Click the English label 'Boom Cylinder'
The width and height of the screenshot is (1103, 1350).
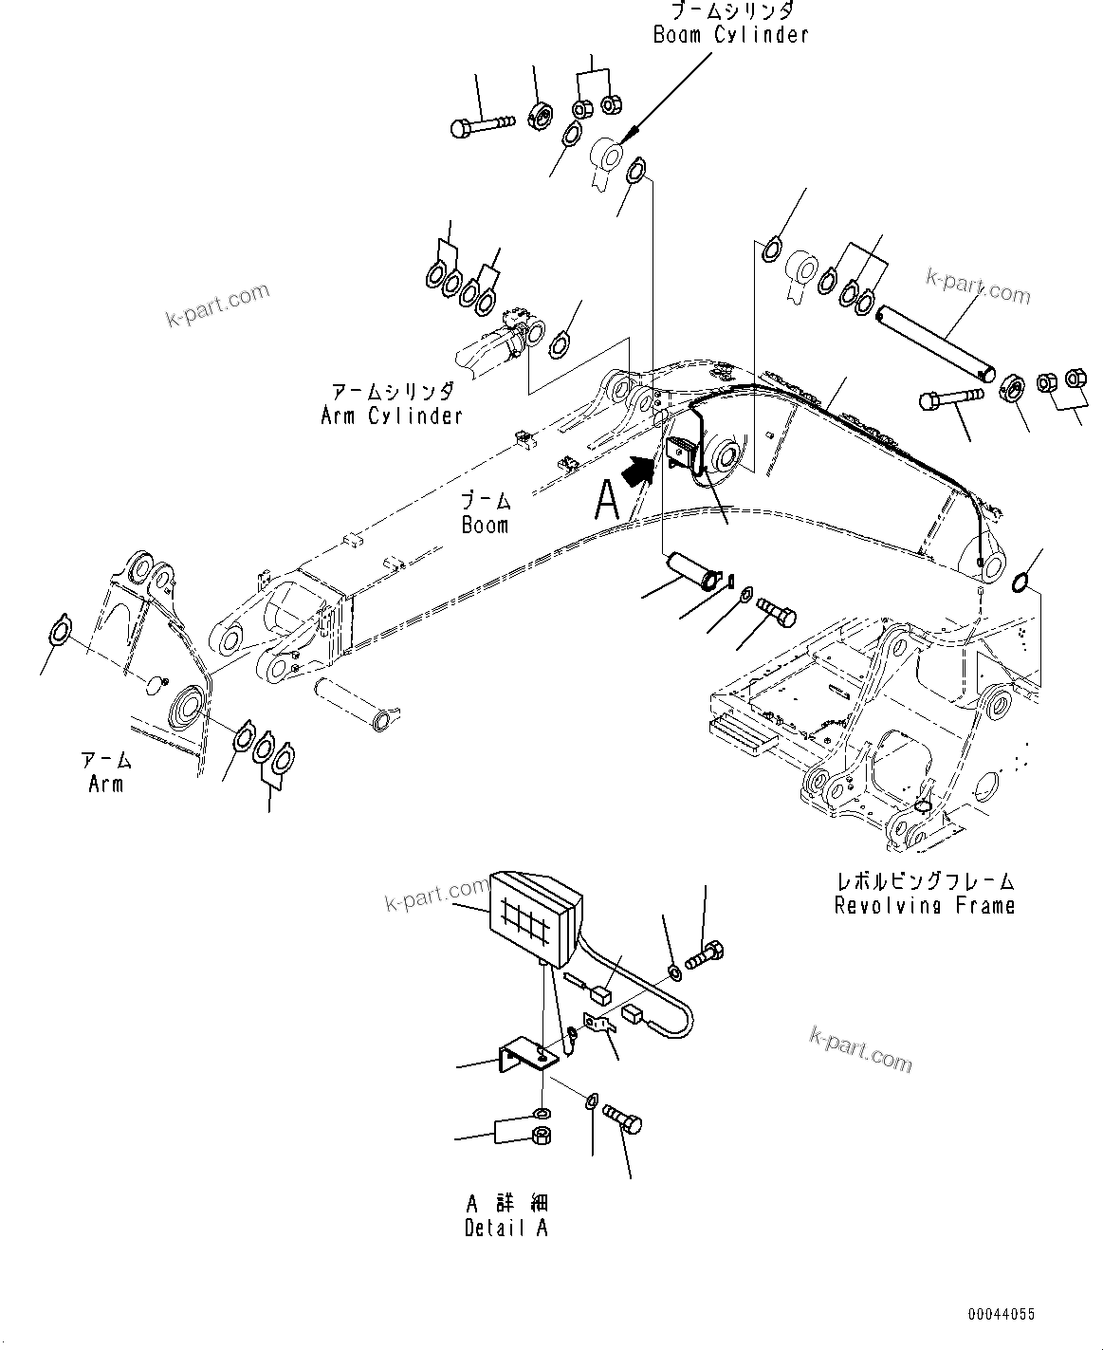730,35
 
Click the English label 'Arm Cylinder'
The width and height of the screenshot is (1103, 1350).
391,416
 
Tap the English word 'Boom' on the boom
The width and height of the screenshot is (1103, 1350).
485,525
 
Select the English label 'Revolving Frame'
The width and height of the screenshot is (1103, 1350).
924,906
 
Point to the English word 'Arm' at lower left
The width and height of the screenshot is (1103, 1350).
105,784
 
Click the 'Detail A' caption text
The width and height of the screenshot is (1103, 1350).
506,1229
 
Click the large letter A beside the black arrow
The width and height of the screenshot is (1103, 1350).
606,500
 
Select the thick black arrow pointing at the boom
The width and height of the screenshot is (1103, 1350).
639,468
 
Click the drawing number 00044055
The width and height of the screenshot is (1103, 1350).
1001,1315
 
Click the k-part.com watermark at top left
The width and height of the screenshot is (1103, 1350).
216,305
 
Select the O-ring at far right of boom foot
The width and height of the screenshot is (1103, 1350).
1024,582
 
